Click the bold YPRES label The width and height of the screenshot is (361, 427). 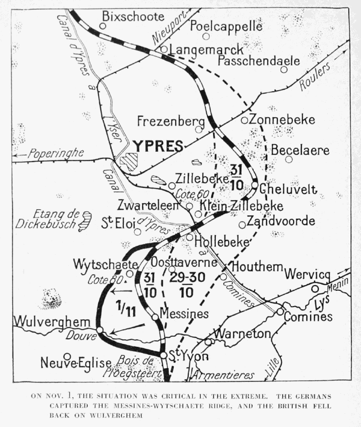[x=157, y=146]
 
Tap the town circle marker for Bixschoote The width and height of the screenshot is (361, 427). [x=102, y=26]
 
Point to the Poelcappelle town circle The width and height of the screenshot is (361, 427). [x=206, y=36]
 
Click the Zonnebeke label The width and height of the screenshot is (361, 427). [x=281, y=120]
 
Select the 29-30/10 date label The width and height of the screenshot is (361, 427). [x=186, y=286]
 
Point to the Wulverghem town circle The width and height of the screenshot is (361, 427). [x=100, y=330]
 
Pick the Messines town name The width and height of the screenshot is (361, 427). [x=184, y=314]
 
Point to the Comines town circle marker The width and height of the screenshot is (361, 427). [x=280, y=312]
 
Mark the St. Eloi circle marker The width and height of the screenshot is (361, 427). [x=138, y=232]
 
